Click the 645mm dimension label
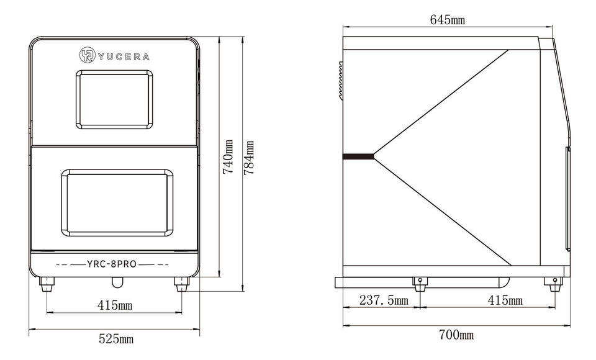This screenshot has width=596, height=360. (448, 19)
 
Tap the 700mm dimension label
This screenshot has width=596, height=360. (456, 335)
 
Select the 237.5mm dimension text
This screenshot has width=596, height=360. (384, 300)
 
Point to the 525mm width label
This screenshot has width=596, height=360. (116, 338)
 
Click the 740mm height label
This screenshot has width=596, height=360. (228, 156)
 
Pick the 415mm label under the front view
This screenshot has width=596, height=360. (114, 305)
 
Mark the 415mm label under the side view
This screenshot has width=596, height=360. (505, 300)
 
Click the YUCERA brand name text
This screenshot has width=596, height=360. (124, 57)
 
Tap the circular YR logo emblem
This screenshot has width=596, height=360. (87, 55)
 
